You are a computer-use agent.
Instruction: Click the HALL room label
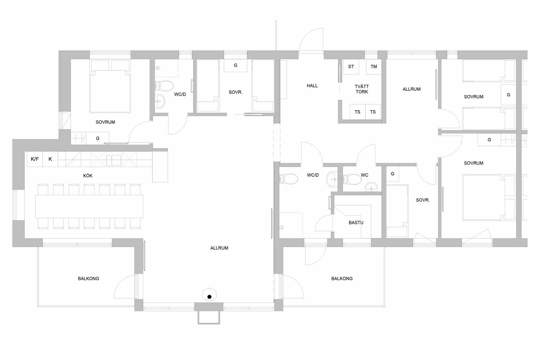[x=312, y=86]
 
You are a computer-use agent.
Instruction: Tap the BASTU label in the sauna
[x=356, y=223]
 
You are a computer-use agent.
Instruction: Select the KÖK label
[x=88, y=176]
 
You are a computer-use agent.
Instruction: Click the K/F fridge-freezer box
[x=35, y=159]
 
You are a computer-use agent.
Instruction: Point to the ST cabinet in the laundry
[x=351, y=67]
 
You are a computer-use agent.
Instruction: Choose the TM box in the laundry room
[x=374, y=67]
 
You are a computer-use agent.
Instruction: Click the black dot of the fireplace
[x=209, y=297]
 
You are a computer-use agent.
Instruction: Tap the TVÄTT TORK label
[x=362, y=89]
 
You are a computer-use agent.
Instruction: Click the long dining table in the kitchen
[x=89, y=207]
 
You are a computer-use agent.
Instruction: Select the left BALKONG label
[x=88, y=279]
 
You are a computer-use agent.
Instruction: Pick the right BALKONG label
[x=342, y=279]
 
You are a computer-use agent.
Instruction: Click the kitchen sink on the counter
[x=114, y=160]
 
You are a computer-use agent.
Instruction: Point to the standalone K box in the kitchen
[x=50, y=159]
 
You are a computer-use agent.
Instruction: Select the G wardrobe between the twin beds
[x=236, y=65]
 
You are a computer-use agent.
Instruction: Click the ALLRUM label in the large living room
[x=219, y=248]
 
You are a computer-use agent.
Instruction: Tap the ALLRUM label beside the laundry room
[x=412, y=89]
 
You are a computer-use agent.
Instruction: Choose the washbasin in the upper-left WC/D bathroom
[x=160, y=101]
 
